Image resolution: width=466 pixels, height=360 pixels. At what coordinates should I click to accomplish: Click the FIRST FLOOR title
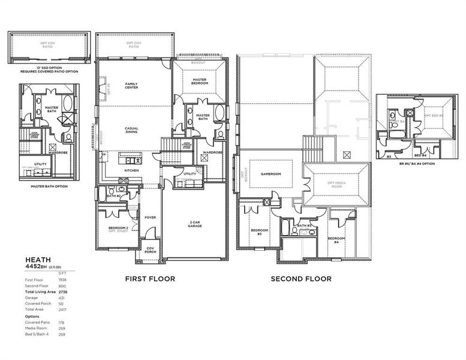pyautogui.click(x=149, y=279)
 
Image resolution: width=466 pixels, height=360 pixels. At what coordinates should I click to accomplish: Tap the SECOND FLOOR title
pyautogui.click(x=300, y=279)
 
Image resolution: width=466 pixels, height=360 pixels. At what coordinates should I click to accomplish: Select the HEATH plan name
pyautogui.click(x=37, y=260)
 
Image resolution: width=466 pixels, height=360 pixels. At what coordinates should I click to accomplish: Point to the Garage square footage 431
pyautogui.click(x=62, y=298)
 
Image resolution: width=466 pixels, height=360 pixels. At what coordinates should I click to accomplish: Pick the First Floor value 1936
pyautogui.click(x=62, y=280)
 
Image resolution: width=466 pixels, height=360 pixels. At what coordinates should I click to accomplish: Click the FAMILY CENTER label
pyautogui.click(x=131, y=85)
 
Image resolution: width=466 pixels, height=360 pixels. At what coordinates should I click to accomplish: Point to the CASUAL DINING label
pyautogui.click(x=131, y=130)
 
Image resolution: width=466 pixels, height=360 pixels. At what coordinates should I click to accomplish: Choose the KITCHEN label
pyautogui.click(x=131, y=170)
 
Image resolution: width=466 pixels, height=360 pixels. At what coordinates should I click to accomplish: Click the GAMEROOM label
pyautogui.click(x=271, y=174)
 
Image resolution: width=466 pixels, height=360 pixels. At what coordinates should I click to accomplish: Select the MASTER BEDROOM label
pyautogui.click(x=200, y=81)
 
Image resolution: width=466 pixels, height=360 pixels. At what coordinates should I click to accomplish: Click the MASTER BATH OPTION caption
pyautogui.click(x=50, y=186)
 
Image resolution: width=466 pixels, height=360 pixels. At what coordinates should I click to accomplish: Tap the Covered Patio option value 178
pyautogui.click(x=62, y=322)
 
